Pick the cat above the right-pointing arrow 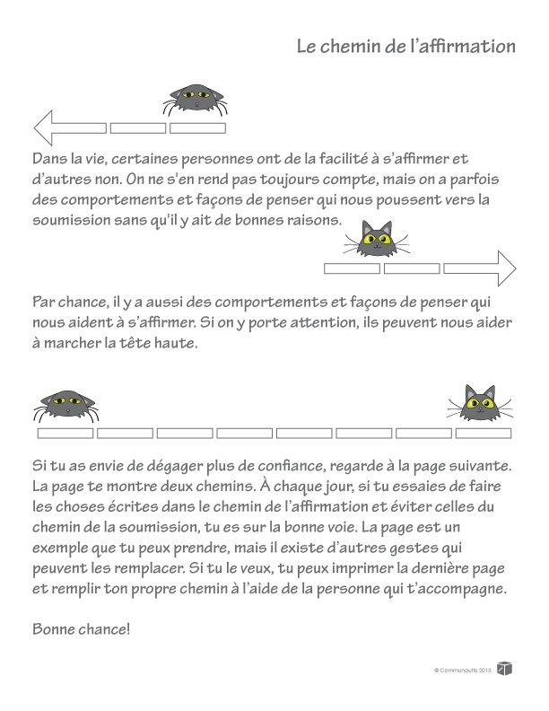pos(379,238)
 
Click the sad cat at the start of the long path pos(65,406)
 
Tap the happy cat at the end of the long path pos(480,403)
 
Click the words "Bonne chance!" pos(82,628)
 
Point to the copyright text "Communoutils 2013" pos(463,670)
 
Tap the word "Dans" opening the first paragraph pos(50,159)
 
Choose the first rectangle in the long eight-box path pos(65,434)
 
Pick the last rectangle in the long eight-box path pos(484,434)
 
